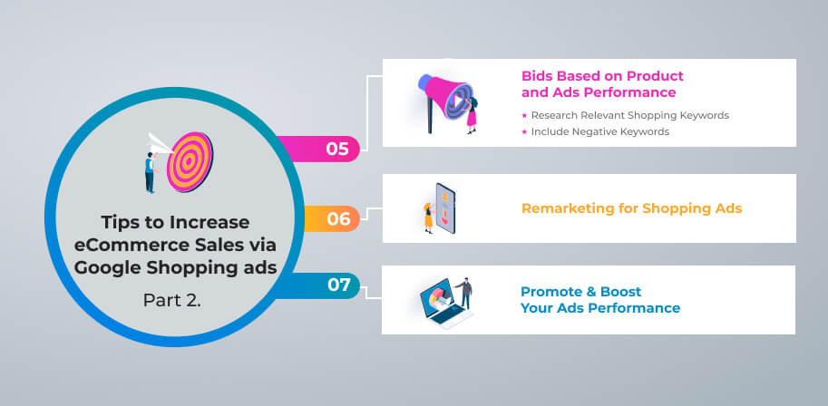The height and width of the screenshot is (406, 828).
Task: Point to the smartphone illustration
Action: coord(445,208)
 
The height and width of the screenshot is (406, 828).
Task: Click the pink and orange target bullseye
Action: coord(190,161)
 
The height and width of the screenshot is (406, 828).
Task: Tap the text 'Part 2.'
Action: coord(171,300)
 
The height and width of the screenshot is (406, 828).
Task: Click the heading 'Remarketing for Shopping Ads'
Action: coord(631,208)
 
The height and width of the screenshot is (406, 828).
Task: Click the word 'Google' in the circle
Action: coord(107,268)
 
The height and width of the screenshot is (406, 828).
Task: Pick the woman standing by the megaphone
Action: coord(472,116)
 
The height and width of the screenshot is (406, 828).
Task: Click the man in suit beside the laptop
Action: coord(465,294)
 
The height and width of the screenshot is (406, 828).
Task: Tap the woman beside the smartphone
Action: coord(428,217)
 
